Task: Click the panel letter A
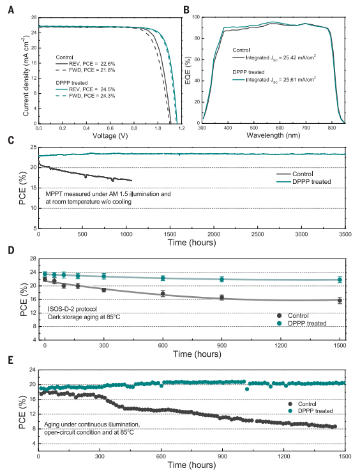coord(11,10)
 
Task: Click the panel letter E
coord(11,360)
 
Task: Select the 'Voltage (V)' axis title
coord(110,136)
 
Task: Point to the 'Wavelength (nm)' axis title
coord(273,135)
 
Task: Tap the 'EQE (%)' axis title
coord(188,70)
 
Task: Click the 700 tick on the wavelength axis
coord(306,128)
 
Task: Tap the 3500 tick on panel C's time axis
coord(345,234)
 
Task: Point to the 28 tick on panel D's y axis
coord(33,259)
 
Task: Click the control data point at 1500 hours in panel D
coord(340,301)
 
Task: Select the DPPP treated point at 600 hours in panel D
coord(163,278)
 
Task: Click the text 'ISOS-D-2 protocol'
coord(72,309)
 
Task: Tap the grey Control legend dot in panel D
coord(280,315)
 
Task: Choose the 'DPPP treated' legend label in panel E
coord(315,411)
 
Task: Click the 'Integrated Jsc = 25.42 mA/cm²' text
coord(281,57)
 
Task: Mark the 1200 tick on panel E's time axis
coord(283,456)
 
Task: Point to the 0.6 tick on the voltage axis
coord(110,128)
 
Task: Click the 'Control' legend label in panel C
coord(303,174)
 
